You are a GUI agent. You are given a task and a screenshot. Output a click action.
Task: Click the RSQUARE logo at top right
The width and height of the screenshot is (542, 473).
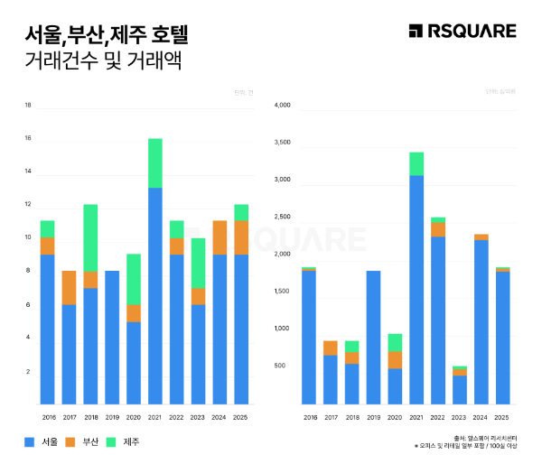462,32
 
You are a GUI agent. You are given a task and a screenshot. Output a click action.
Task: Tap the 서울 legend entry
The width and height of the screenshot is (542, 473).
40,441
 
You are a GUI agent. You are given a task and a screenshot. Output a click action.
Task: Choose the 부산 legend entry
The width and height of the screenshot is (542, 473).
82,441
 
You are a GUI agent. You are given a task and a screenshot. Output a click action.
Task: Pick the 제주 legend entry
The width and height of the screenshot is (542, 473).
123,441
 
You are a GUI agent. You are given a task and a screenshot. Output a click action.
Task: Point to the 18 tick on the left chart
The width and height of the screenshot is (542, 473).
28,106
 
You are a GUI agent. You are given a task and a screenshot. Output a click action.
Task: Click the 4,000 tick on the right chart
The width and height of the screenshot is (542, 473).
281,106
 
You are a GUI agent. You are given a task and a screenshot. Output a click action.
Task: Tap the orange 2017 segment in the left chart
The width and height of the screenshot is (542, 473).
69,288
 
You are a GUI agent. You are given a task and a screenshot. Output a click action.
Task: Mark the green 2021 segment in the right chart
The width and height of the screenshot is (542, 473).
416,163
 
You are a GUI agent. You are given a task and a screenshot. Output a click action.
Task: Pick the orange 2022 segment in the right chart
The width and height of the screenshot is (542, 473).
438,229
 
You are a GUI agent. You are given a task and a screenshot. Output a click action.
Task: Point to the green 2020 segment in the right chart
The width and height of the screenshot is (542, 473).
395,342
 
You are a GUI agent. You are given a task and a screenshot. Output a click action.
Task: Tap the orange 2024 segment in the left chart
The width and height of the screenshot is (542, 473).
220,237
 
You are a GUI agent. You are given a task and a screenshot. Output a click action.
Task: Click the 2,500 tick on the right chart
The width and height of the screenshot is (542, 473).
281,218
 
